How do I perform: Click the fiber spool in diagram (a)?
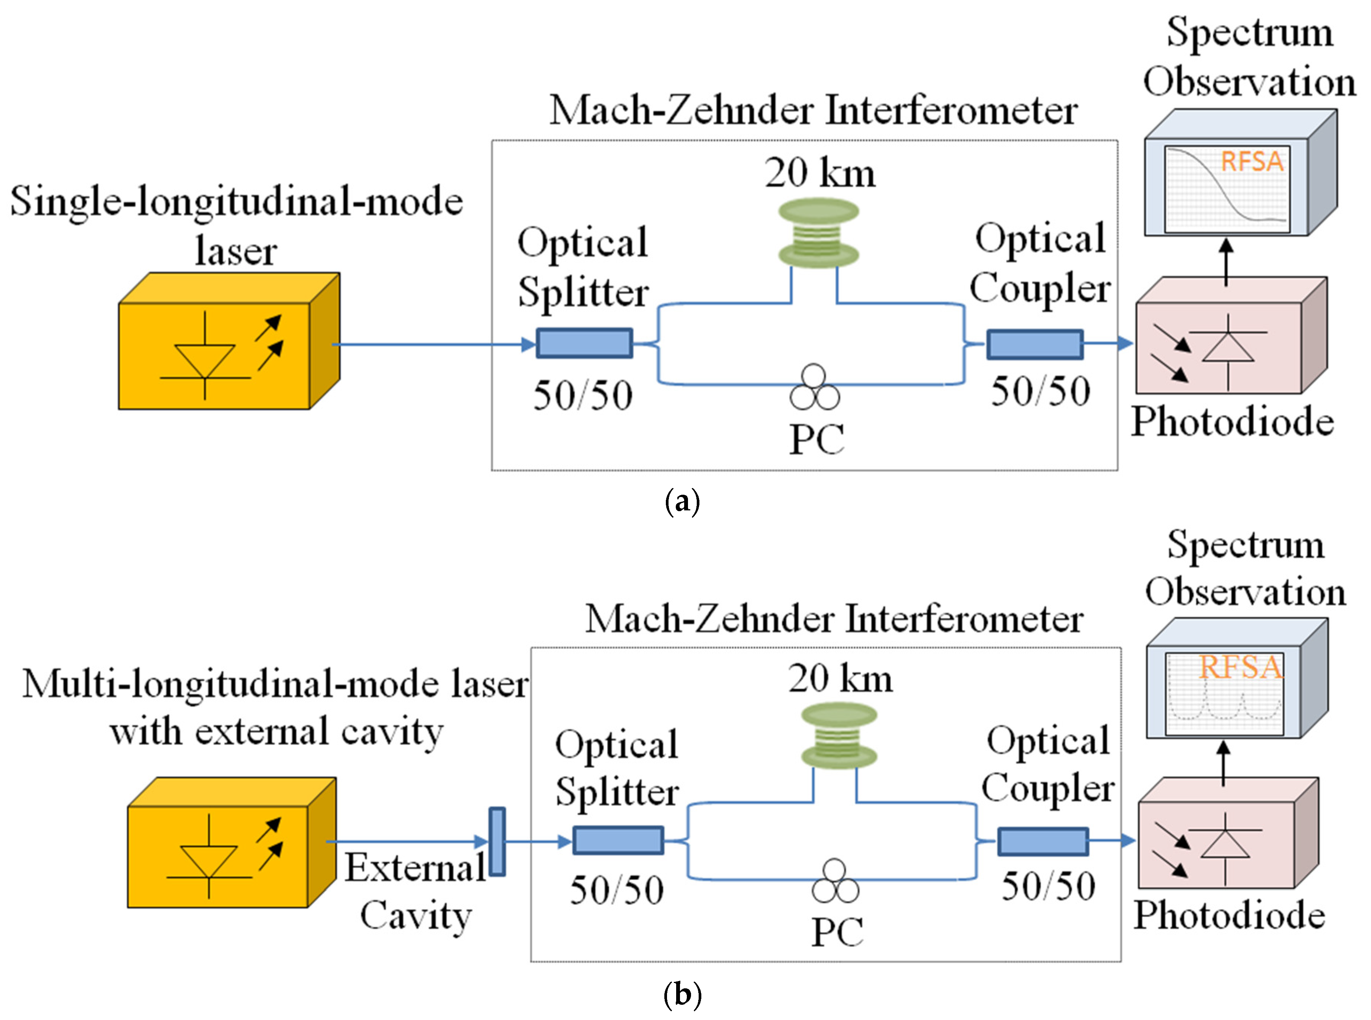click(818, 233)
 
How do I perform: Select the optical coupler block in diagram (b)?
click(1043, 841)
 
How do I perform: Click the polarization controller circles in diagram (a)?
click(814, 388)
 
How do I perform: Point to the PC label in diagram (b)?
click(837, 932)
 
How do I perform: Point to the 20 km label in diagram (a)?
click(820, 174)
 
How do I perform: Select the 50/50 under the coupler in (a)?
click(1041, 391)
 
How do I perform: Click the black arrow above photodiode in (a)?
click(1226, 262)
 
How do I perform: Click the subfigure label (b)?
click(682, 994)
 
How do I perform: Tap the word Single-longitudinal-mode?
click(236, 202)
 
